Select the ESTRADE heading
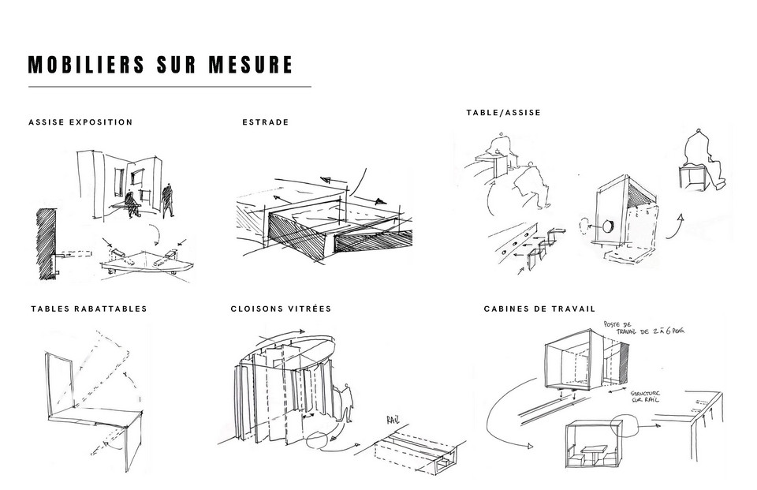[265, 122]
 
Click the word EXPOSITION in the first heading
[101, 122]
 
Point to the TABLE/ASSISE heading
[503, 113]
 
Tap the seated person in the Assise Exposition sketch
[131, 204]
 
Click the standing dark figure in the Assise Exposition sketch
[167, 200]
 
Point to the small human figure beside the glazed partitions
[345, 404]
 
